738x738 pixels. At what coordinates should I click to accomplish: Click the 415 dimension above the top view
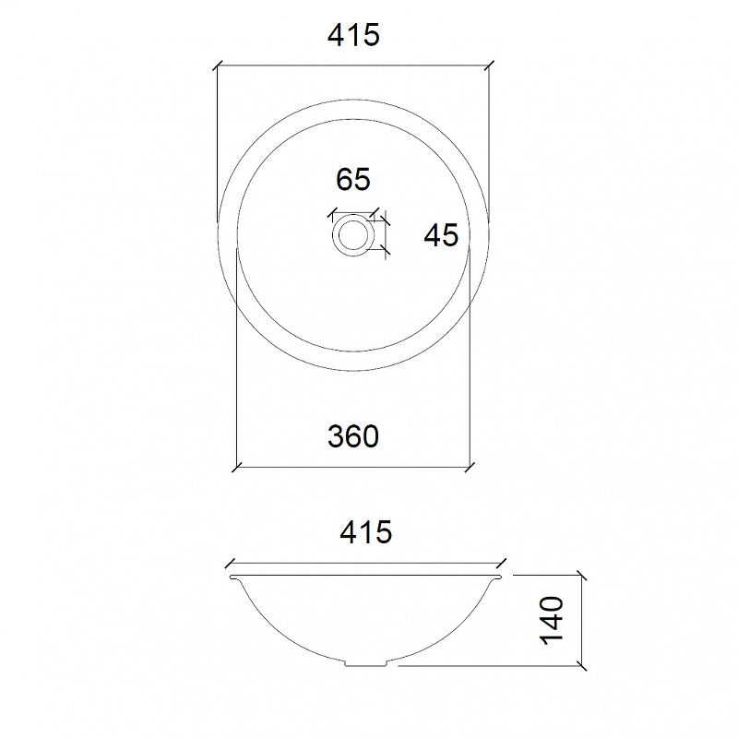(x=353, y=36)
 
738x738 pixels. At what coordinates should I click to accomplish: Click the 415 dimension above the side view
(x=365, y=531)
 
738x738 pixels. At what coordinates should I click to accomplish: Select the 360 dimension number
(x=353, y=435)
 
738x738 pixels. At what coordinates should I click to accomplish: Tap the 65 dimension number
(x=352, y=179)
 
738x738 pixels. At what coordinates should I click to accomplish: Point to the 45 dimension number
(x=441, y=236)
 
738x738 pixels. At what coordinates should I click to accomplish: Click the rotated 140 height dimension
(x=552, y=619)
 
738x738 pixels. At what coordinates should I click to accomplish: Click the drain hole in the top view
(x=352, y=234)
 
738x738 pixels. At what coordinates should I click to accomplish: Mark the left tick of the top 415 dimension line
(x=217, y=66)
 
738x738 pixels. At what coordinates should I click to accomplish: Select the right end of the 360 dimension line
(x=470, y=465)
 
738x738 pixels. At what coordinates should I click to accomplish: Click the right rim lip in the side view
(x=500, y=577)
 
